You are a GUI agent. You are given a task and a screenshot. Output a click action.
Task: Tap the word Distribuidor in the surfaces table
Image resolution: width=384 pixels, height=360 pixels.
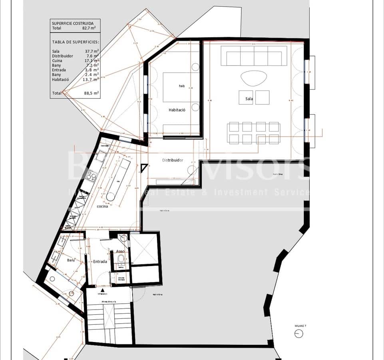coord(62,56)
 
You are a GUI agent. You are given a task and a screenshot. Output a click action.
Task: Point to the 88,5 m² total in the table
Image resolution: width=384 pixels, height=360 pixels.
coord(92,93)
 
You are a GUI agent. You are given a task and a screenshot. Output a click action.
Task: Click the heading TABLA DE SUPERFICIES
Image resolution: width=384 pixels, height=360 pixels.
coord(76,42)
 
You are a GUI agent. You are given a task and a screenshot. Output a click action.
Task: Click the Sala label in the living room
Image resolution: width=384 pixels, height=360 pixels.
coord(249,98)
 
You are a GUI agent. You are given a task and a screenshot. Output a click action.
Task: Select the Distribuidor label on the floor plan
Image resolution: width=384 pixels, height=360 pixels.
coord(172,160)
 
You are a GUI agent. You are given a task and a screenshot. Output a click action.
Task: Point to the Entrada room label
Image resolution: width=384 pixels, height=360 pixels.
coord(100,261)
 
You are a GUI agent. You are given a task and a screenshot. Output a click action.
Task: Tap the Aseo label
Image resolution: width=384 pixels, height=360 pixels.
coord(120,252)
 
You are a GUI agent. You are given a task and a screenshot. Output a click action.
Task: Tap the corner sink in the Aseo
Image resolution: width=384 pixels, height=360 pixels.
coord(124,239)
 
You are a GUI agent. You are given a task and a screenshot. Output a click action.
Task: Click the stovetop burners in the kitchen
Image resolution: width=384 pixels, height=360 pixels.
coord(92,176)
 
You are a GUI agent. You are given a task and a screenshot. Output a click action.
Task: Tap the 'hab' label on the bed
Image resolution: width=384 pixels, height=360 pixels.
coord(182,86)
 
